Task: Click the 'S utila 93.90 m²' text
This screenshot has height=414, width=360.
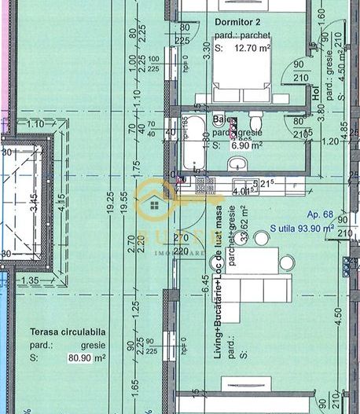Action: click(302, 229)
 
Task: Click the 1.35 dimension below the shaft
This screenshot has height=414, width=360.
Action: click(31, 280)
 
